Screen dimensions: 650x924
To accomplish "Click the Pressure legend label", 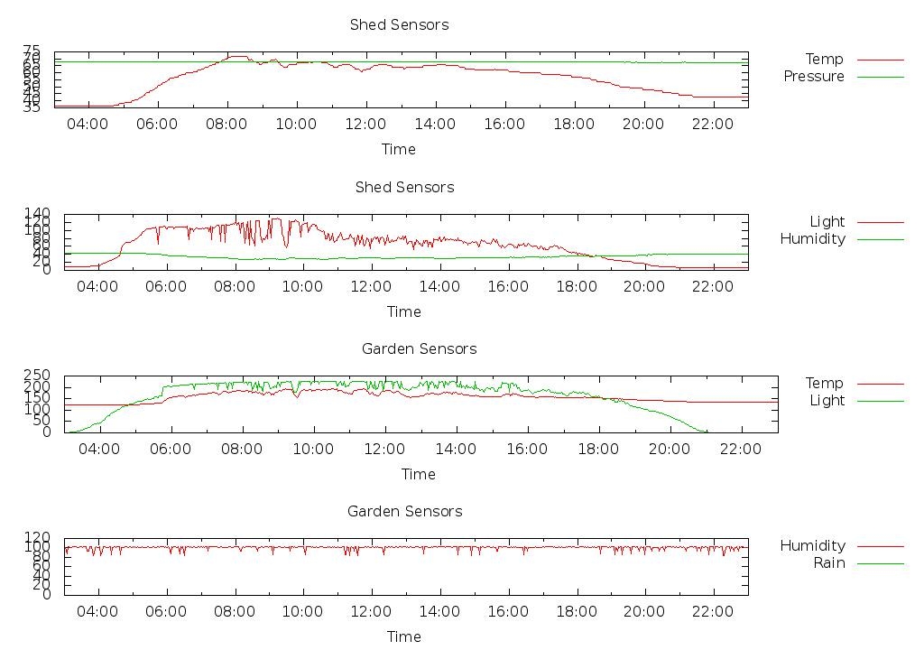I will (x=813, y=77).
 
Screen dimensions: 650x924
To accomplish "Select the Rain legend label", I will (x=828, y=563).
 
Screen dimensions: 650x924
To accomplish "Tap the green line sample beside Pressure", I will (x=880, y=77).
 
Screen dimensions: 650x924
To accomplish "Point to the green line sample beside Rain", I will (x=880, y=563).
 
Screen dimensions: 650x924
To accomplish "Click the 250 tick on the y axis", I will (x=38, y=376).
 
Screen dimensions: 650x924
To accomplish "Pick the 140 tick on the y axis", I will (x=38, y=213).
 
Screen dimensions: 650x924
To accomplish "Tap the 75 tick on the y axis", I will (x=32, y=51).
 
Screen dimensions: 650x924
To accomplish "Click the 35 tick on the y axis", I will (x=32, y=107).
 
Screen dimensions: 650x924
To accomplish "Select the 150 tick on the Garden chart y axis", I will (x=38, y=398).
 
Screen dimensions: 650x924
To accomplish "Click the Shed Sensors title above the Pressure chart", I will (x=399, y=25).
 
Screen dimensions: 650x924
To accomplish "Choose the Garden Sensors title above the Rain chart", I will (x=404, y=512).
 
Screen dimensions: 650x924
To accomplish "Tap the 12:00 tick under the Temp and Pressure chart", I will (x=365, y=125).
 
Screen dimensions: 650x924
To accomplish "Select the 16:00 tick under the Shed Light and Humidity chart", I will (x=508, y=287).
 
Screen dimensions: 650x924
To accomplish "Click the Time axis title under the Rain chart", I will (x=403, y=636).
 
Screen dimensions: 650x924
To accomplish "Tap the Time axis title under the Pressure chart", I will (x=398, y=149).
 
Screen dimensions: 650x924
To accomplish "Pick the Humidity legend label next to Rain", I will (x=812, y=546).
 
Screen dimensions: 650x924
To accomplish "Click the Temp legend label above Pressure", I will (x=824, y=60).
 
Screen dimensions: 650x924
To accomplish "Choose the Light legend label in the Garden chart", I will (x=827, y=401).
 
